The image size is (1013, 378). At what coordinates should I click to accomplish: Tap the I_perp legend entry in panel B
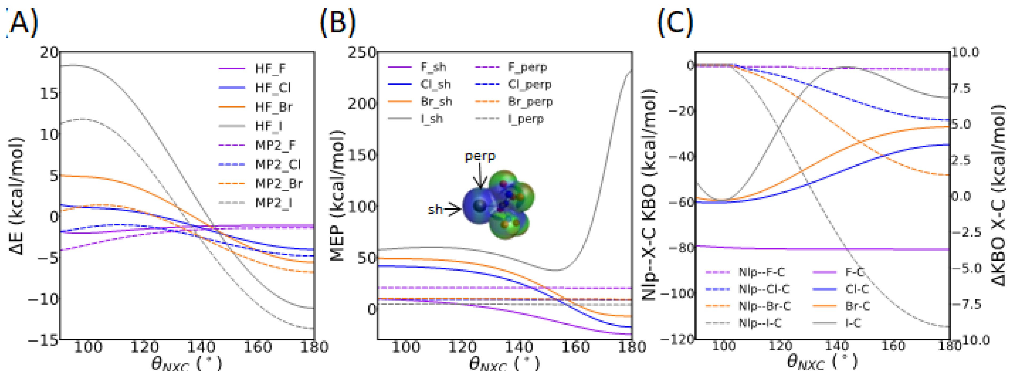(525, 119)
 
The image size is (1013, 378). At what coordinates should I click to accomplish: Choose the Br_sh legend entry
(436, 101)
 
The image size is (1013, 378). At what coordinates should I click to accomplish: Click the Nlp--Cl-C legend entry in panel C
(763, 289)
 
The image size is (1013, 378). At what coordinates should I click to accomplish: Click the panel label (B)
(337, 23)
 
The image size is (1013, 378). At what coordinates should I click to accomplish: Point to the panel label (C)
(675, 23)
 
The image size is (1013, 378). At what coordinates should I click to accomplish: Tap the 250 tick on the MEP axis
(361, 52)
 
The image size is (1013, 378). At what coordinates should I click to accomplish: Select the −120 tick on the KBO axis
(677, 339)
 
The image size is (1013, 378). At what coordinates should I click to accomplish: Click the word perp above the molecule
(480, 157)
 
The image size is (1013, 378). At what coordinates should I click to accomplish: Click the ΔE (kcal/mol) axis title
(17, 196)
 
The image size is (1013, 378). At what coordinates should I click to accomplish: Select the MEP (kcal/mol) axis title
(337, 196)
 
